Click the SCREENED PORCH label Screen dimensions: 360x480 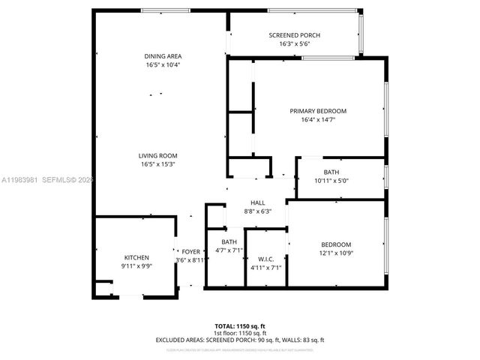pyautogui.click(x=294, y=36)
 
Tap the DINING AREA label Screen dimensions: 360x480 pyautogui.click(x=163, y=56)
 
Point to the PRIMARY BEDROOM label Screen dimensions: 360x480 pyautogui.click(x=318, y=111)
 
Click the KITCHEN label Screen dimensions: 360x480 pyautogui.click(x=136, y=257)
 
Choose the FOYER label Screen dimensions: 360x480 pyautogui.click(x=190, y=252)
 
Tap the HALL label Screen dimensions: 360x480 pyautogui.click(x=257, y=202)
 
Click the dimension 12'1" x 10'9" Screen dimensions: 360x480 pyautogui.click(x=336, y=253)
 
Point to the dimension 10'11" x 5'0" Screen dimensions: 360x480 pyautogui.click(x=331, y=181)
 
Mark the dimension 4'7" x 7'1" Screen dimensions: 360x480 pyautogui.click(x=229, y=250)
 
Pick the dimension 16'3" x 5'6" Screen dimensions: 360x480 pyautogui.click(x=294, y=44)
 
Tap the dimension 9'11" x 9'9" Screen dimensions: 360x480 pyautogui.click(x=136, y=265)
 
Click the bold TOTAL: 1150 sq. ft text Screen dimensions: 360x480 pyautogui.click(x=240, y=326)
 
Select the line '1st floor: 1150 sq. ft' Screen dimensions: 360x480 pyautogui.click(x=240, y=333)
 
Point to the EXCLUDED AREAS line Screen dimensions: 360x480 pyautogui.click(x=240, y=340)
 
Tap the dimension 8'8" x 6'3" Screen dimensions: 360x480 pyautogui.click(x=257, y=211)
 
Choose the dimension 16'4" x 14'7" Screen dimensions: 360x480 pyautogui.click(x=318, y=119)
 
